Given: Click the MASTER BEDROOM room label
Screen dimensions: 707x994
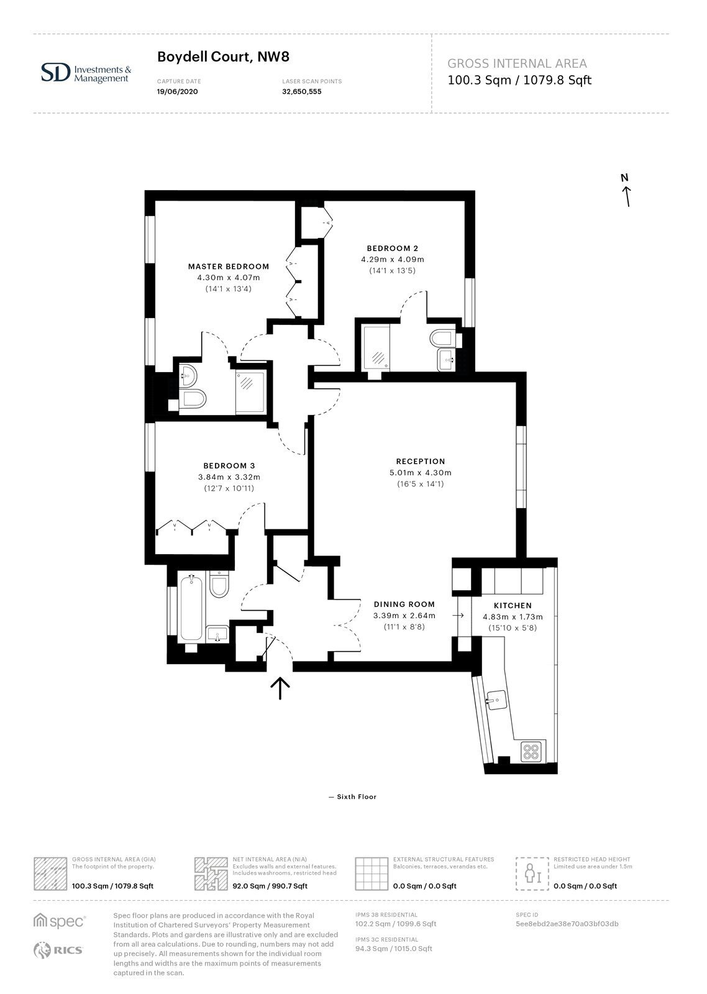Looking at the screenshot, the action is point(229,267).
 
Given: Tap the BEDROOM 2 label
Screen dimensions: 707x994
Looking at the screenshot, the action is point(393,248).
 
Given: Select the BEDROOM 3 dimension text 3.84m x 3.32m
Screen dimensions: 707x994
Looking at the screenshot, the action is point(229,478).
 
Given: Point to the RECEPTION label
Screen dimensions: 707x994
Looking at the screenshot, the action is point(421,462).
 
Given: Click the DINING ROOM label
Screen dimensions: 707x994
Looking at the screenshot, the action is point(404,604).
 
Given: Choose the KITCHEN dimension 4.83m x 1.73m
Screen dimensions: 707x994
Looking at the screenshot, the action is point(513,617).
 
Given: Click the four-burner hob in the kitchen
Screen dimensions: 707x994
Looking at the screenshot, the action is point(532,751).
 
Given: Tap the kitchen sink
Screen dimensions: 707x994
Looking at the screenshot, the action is point(496,700).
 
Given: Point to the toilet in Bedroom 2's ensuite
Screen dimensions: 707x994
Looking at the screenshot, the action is point(442,339).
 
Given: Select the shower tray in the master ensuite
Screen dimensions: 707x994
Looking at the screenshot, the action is point(251,392).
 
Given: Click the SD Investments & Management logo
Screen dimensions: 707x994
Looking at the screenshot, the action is point(86,73).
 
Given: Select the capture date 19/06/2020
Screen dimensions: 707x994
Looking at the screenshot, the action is point(178,92).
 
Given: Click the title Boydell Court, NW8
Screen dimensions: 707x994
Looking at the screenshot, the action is point(223,57).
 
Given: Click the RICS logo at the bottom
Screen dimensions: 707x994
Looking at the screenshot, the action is point(58,950).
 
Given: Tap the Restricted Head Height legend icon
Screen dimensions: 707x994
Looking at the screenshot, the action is point(532,873).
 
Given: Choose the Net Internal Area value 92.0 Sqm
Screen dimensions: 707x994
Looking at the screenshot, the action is point(248,886).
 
